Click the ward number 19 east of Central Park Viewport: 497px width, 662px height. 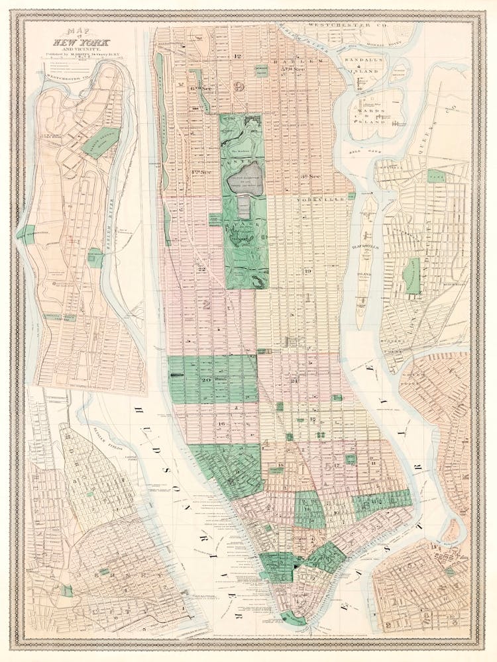[x=307, y=271]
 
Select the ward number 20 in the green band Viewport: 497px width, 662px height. [x=205, y=379]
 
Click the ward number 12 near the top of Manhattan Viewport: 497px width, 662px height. [x=237, y=56]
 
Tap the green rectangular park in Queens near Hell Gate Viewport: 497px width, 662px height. [x=435, y=176]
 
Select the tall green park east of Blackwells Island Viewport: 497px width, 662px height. [x=413, y=276]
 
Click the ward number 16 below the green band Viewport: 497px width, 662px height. [x=221, y=424]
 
